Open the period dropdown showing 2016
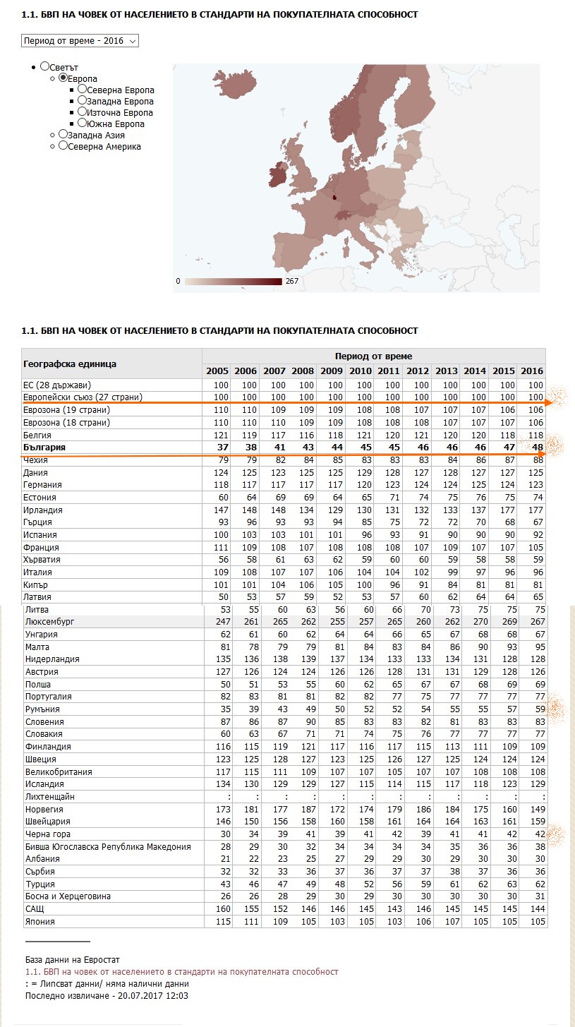80,41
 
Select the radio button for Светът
45,66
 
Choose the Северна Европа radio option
83,90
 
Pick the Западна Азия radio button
63,134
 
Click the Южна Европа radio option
83,124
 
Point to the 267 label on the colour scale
292,281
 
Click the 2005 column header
217,371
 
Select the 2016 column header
531,371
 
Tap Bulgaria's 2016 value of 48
537,448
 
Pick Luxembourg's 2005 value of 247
217,622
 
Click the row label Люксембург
49,622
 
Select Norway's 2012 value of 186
418,809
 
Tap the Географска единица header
70,364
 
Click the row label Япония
40,921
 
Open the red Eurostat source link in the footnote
181,972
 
